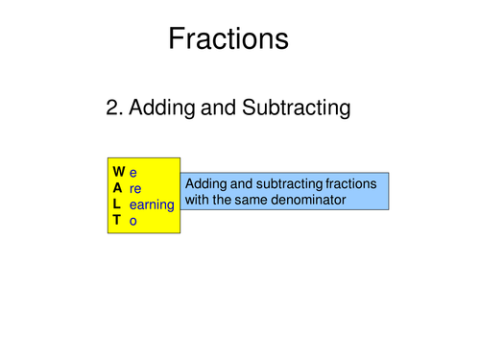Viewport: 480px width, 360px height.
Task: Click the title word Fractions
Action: [228, 38]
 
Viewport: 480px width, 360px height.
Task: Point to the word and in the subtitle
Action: [221, 108]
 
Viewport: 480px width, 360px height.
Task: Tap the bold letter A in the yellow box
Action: [117, 188]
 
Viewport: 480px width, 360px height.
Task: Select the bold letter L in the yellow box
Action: [116, 204]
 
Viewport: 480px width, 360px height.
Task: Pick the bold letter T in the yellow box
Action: [116, 220]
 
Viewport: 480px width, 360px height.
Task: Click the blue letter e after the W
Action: [132, 173]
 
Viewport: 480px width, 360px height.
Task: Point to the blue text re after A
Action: [135, 188]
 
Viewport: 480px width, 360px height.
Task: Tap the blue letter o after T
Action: [132, 220]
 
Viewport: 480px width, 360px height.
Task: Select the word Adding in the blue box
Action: [205, 183]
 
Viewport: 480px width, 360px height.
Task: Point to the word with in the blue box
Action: [197, 200]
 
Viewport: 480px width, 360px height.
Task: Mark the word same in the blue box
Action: [252, 200]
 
